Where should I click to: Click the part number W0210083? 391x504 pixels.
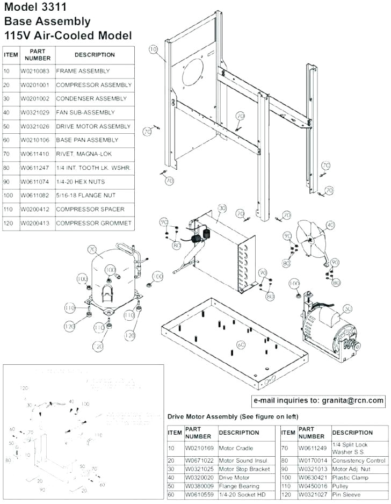click(35, 71)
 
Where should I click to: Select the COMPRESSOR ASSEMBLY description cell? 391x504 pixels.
click(93, 85)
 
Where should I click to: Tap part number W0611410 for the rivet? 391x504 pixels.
click(35, 154)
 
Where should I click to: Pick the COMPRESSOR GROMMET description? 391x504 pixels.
click(93, 223)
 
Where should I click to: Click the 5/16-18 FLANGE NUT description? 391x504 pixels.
click(85, 196)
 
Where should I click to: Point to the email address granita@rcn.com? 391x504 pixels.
click(352, 400)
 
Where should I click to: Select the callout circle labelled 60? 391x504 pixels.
click(241, 344)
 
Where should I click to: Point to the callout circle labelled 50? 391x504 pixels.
click(347, 308)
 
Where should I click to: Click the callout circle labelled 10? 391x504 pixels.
click(153, 49)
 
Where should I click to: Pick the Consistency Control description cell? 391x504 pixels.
click(359, 460)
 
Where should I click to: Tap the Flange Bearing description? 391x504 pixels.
click(239, 486)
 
